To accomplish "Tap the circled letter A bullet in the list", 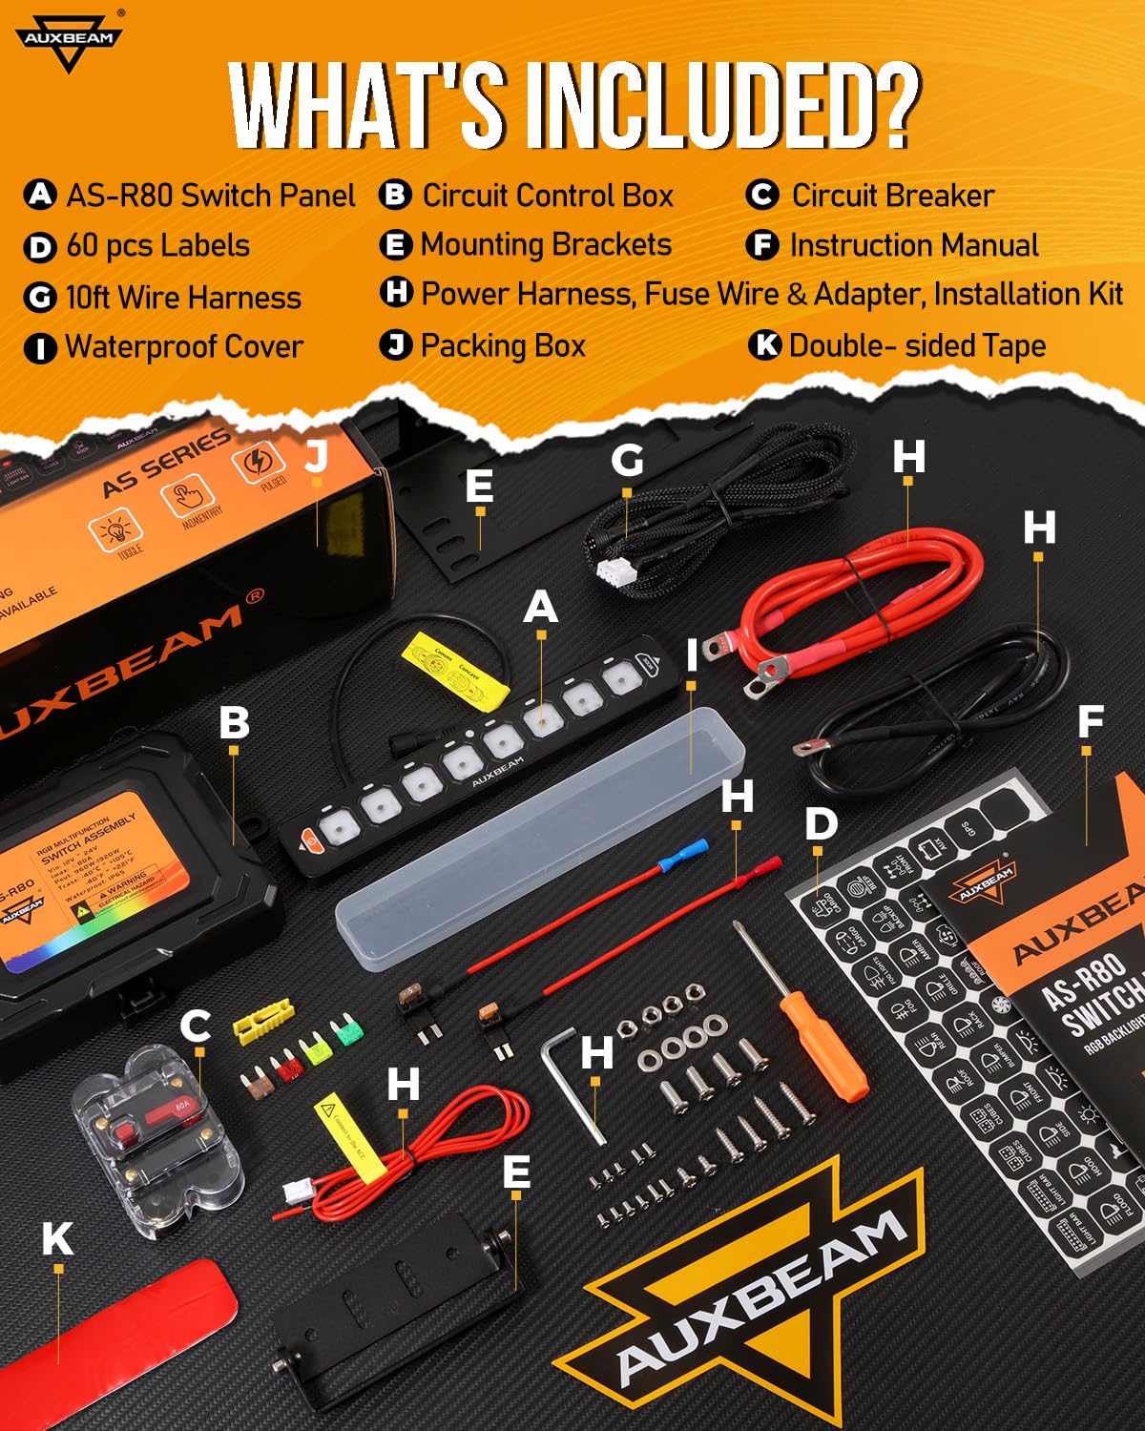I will pos(39,196).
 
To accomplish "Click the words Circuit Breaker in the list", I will pos(892,196).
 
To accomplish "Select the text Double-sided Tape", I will pos(917,345).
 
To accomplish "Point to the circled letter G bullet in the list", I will pos(39,298).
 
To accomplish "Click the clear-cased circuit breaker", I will pos(157,1140).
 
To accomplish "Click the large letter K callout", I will pos(57,1238).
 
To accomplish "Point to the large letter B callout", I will pos(234,722).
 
